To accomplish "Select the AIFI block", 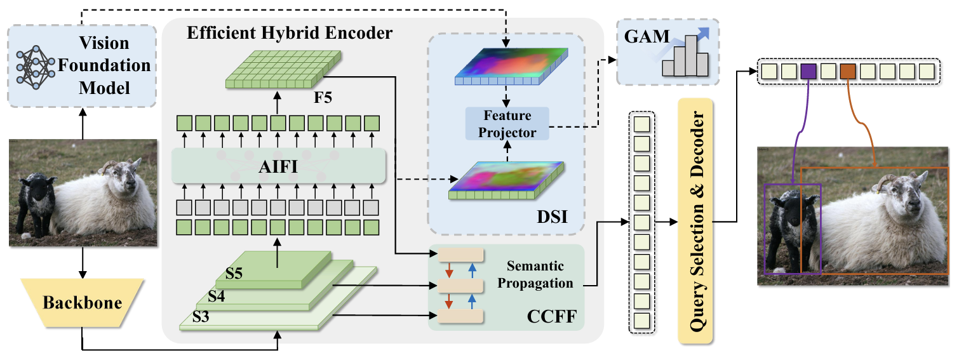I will (x=278, y=166).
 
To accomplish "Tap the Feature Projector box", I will (x=506, y=124).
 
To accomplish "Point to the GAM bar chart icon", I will (x=684, y=55).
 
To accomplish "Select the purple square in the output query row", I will (x=808, y=71).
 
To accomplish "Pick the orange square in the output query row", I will (x=848, y=71).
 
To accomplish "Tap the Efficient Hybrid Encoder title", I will (x=289, y=33).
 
